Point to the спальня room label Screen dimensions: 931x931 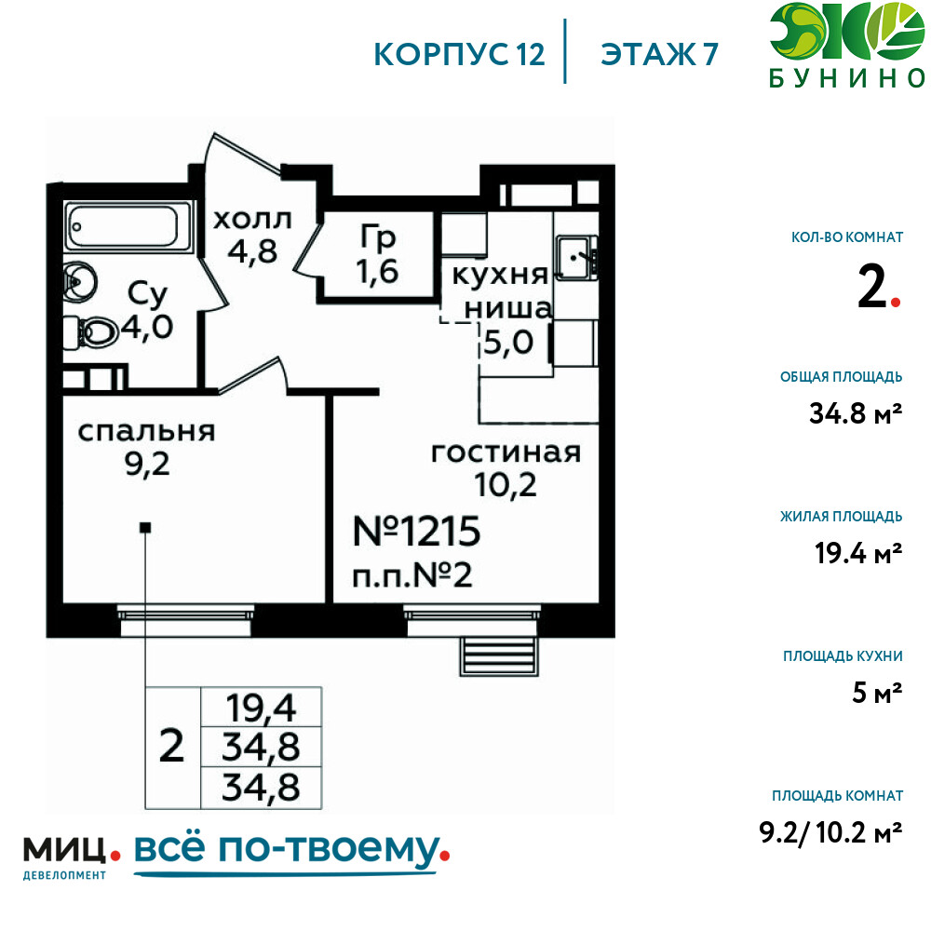147,432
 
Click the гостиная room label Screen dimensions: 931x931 506,453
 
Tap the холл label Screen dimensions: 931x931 252,220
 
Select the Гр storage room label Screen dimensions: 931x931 378,237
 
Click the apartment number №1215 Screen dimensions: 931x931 416,531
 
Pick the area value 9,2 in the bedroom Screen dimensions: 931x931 147,465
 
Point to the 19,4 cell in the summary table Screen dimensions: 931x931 262,708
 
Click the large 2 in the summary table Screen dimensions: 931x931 172,747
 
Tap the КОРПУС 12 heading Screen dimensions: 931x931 459,55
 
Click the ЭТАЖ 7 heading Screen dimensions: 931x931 659,55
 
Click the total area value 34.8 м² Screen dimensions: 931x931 856,413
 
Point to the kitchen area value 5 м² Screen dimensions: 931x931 877,693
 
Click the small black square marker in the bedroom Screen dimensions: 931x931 145,527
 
